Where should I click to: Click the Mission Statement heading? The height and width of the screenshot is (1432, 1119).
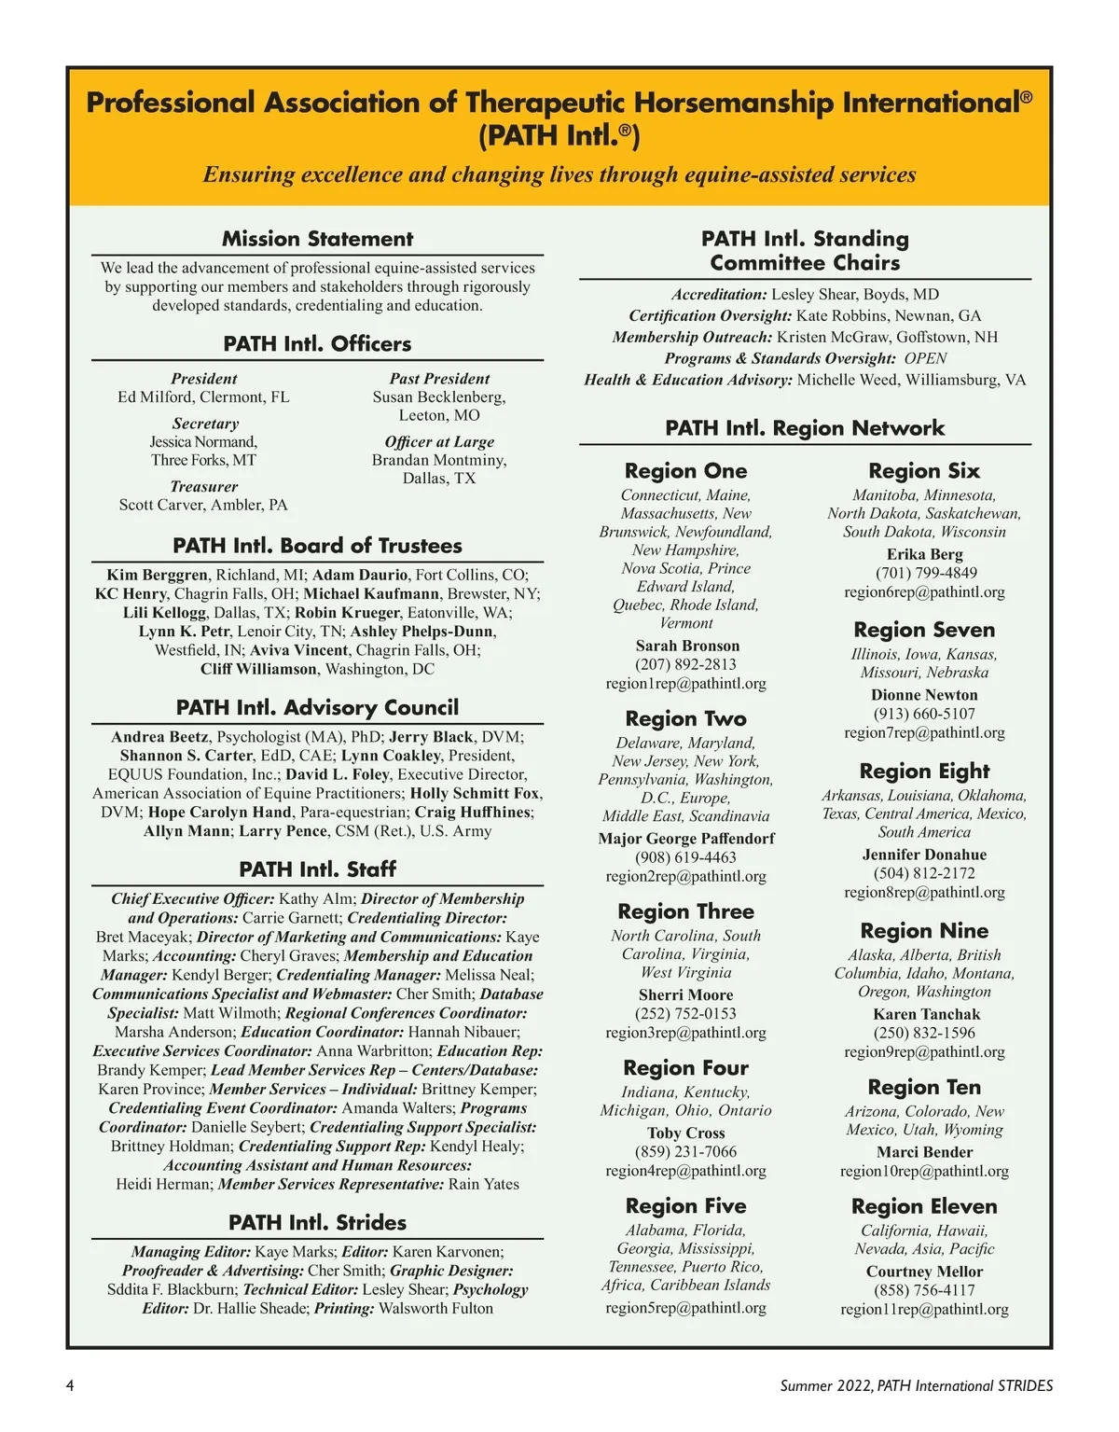pos(317,239)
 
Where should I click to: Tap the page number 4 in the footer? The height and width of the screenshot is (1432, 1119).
pos(70,1385)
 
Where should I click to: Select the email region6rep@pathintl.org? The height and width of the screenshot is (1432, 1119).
pos(924,591)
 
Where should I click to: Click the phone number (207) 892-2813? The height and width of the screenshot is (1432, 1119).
pos(685,664)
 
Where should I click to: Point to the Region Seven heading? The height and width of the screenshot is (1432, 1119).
pos(924,630)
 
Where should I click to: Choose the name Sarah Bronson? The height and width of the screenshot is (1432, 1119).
pos(687,646)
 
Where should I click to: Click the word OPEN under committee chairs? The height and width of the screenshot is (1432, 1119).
pos(925,358)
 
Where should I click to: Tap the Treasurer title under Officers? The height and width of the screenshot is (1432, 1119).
pos(203,486)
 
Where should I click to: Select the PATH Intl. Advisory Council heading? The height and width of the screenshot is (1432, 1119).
pos(317,707)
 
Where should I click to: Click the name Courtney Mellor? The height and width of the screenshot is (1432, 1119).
pos(924,1272)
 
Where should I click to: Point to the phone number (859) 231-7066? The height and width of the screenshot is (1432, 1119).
pos(685,1151)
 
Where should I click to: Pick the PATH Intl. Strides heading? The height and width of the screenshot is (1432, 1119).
pos(317,1222)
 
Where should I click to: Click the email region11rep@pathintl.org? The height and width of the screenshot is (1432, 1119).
pos(924,1309)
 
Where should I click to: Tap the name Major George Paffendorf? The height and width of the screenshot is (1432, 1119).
pos(685,839)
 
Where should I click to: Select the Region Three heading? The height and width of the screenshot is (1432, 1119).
pos(685,911)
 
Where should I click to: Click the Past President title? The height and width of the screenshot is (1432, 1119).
pos(439,379)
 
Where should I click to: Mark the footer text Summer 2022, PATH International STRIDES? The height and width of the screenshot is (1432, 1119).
pos(917,1385)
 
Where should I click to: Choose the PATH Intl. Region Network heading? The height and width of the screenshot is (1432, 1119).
pos(805,428)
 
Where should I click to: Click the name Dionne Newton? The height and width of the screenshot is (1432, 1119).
pos(924,695)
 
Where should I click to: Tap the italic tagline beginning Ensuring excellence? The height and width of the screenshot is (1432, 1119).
pos(559,174)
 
